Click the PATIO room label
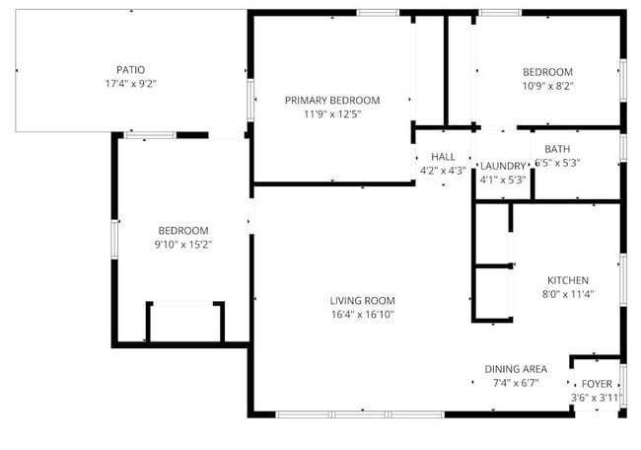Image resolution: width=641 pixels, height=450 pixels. [x=130, y=70]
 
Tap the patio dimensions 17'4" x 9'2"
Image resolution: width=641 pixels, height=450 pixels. [x=130, y=84]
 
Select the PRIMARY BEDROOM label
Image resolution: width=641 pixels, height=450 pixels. [x=332, y=101]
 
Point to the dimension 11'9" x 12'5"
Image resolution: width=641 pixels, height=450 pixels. [x=332, y=114]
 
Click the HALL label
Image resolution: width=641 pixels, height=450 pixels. [x=443, y=157]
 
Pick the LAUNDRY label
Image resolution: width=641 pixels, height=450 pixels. [x=502, y=166]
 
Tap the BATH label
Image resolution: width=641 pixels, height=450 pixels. [x=557, y=150]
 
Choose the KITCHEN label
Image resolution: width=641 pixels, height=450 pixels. [x=568, y=279]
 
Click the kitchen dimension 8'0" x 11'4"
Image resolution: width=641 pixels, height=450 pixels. [x=568, y=293]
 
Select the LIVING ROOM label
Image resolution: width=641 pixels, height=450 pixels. [x=362, y=301]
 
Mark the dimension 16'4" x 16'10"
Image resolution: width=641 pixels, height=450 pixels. [x=362, y=315]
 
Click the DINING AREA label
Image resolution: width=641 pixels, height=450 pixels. [x=515, y=369]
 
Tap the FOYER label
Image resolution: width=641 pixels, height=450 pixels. [x=596, y=384]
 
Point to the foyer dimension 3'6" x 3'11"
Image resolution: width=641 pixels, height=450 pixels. [x=596, y=398]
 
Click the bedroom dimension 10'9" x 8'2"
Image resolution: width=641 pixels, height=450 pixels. [x=547, y=86]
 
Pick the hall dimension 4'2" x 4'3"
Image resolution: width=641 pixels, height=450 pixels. [x=443, y=171]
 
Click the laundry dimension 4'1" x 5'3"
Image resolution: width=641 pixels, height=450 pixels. [x=502, y=180]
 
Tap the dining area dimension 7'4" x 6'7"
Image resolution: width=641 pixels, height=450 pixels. [x=515, y=383]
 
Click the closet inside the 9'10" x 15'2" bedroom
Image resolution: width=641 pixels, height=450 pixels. [x=185, y=323]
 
